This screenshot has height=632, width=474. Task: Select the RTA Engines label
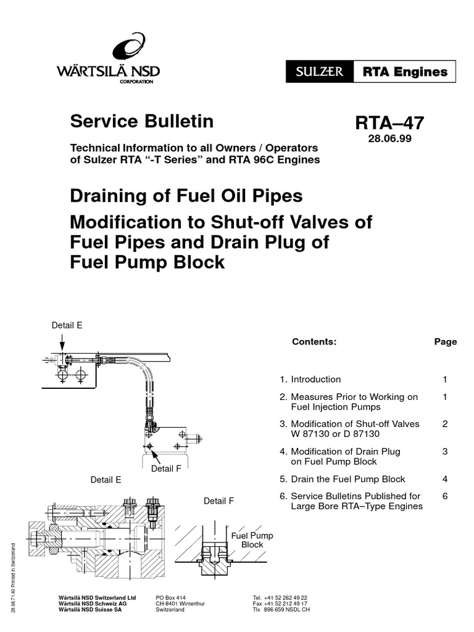click(404, 72)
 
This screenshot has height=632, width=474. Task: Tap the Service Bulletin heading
click(142, 122)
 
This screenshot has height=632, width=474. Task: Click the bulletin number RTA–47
click(389, 123)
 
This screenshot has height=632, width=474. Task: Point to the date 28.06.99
click(389, 139)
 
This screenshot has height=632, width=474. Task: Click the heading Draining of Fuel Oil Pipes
click(186, 196)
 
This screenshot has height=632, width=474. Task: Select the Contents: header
click(314, 341)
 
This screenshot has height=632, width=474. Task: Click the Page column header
click(445, 341)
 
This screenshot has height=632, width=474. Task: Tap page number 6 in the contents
click(445, 496)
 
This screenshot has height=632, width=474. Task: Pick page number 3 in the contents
click(445, 452)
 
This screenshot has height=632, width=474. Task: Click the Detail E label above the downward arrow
click(67, 325)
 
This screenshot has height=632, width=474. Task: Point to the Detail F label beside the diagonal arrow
click(166, 468)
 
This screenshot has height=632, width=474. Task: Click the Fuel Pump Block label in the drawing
click(252, 540)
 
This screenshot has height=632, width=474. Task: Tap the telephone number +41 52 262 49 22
click(280, 598)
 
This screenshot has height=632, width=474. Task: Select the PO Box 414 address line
click(172, 598)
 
